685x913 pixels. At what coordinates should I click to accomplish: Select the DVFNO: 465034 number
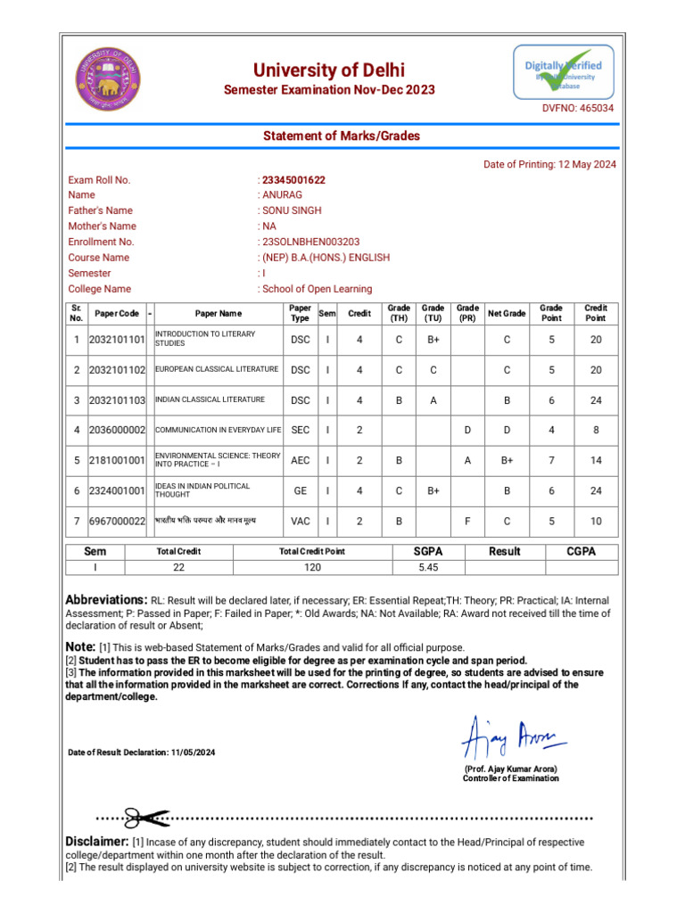(x=579, y=108)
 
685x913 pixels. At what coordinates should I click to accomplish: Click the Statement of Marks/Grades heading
(x=341, y=136)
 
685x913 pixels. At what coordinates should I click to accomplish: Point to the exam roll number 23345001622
(x=293, y=180)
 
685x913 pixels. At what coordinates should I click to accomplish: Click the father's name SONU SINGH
(x=292, y=210)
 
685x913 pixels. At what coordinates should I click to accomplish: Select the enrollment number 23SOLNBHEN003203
(x=310, y=242)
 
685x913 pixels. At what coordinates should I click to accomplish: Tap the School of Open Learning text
(x=317, y=289)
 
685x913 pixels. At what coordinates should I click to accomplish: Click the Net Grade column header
(x=507, y=314)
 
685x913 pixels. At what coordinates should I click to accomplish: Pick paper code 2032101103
(x=117, y=401)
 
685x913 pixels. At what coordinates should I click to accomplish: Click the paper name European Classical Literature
(x=217, y=369)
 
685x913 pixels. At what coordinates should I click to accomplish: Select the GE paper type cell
(x=301, y=490)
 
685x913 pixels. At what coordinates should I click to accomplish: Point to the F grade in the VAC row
(x=467, y=521)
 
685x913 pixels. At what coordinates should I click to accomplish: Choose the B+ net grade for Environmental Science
(x=507, y=460)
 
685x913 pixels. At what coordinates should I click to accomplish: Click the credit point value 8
(x=596, y=430)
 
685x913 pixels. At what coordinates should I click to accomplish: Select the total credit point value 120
(x=312, y=567)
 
